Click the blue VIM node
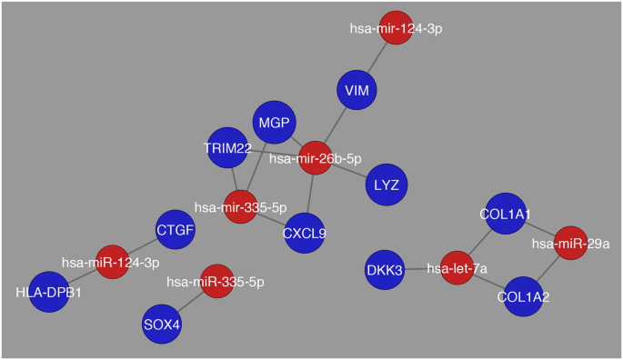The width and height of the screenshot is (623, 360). click(x=361, y=90)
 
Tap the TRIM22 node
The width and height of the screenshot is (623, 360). click(x=228, y=147)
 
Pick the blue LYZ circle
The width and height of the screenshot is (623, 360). click(x=386, y=185)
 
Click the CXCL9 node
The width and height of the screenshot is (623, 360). click(x=305, y=233)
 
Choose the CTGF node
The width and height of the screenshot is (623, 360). click(x=175, y=230)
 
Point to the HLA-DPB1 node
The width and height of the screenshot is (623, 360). click(x=49, y=292)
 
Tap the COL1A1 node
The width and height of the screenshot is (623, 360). click(x=505, y=215)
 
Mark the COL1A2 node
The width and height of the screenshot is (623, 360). click(x=523, y=295)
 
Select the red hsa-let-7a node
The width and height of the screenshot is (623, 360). click(x=457, y=269)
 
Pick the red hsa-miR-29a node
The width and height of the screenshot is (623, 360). click(x=571, y=244)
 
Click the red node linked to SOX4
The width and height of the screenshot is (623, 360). click(x=216, y=282)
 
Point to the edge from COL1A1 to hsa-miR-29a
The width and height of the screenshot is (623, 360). click(x=538, y=229)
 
